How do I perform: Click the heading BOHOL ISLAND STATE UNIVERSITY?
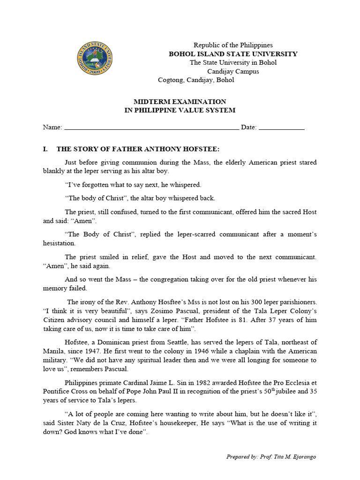pyautogui.click(x=233, y=54)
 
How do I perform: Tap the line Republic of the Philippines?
pyautogui.click(x=233, y=45)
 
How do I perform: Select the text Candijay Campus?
pyautogui.click(x=233, y=71)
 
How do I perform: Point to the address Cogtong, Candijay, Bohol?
pyautogui.click(x=196, y=80)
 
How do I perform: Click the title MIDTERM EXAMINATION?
pyautogui.click(x=180, y=101)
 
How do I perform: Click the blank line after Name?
pyautogui.click(x=151, y=127)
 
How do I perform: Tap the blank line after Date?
pyautogui.click(x=281, y=127)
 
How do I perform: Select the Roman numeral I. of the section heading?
pyautogui.click(x=45, y=149)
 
